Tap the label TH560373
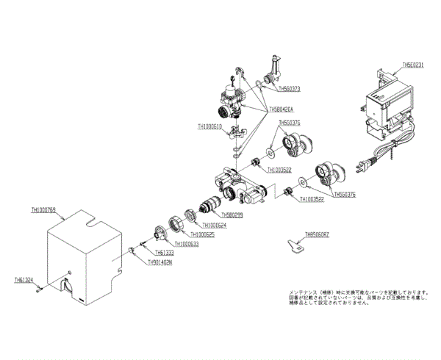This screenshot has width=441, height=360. click(x=290, y=88)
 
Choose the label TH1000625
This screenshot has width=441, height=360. click(x=193, y=234)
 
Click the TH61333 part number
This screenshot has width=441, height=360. click(x=165, y=253)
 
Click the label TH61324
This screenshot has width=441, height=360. click(x=24, y=280)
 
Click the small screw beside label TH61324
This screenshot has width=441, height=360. click(x=38, y=289)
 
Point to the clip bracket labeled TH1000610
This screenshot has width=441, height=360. click(x=236, y=134)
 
